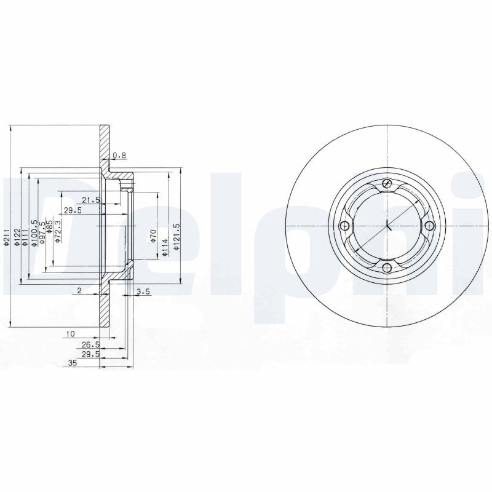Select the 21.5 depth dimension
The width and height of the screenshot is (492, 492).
pos(90,199)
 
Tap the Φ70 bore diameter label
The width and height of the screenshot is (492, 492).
pos(154,236)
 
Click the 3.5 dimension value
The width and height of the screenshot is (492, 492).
pos(143,292)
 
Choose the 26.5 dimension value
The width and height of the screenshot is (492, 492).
pos(90,345)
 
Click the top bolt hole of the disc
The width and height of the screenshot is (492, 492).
pos(387,184)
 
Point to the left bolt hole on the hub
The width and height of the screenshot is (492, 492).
pos(345,226)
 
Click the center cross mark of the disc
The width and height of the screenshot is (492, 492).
pos(387,226)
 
